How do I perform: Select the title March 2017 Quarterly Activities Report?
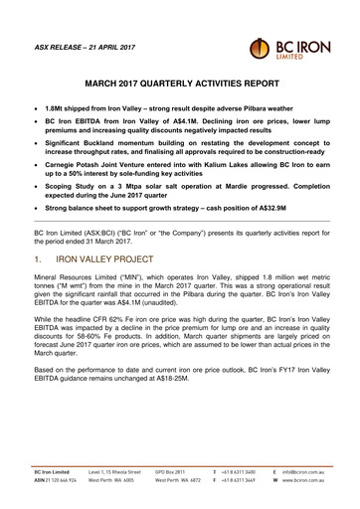(179, 85)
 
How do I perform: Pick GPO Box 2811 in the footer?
(174, 470)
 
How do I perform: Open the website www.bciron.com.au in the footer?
(303, 480)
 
